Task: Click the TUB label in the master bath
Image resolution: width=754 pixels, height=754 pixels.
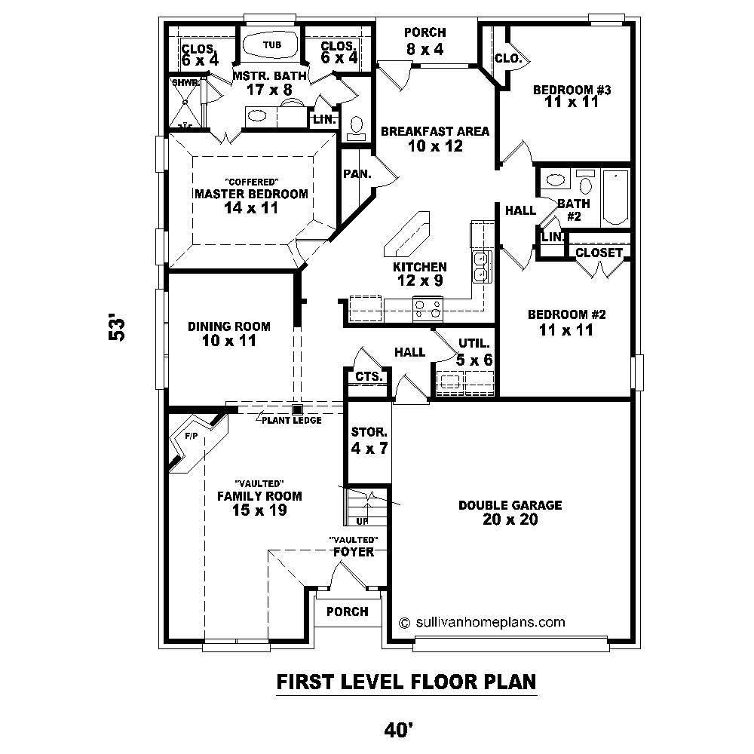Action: tap(272, 45)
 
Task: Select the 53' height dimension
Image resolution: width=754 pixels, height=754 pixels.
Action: tap(117, 329)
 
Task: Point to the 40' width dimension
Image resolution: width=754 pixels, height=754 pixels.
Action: tap(397, 729)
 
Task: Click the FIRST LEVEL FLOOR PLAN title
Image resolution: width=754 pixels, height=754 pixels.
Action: tap(406, 682)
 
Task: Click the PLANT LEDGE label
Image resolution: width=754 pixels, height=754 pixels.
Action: tap(292, 420)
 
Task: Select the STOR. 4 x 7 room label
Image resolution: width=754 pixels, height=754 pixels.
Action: tap(369, 441)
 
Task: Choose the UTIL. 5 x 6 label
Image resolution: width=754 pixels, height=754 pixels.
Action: tap(474, 352)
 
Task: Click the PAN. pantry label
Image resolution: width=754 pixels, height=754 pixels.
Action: tap(356, 173)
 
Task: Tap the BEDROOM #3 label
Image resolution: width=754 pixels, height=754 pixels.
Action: tap(571, 96)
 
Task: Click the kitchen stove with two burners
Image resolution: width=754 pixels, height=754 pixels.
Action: tap(428, 305)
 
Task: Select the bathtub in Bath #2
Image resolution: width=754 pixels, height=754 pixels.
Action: tap(615, 197)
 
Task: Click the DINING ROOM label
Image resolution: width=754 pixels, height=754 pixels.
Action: tap(229, 333)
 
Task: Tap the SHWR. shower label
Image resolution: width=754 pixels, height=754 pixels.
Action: tap(185, 82)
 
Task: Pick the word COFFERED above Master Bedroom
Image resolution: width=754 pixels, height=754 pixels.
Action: tap(253, 181)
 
